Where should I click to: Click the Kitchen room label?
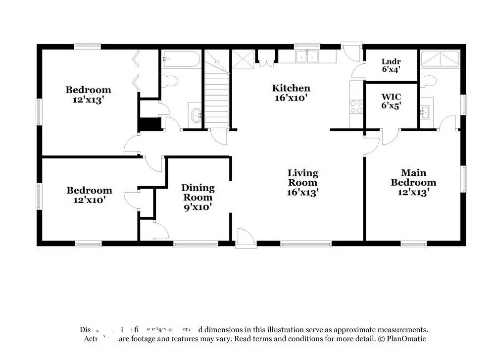(291, 89)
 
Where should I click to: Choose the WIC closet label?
(391, 96)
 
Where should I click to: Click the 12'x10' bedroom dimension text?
(89, 201)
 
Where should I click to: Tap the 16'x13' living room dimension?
(302, 192)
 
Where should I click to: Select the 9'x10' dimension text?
(198, 207)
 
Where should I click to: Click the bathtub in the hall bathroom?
(180, 61)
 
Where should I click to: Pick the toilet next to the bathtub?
(170, 80)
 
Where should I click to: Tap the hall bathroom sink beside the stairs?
(196, 116)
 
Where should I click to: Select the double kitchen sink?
(307, 56)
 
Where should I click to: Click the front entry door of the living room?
(246, 239)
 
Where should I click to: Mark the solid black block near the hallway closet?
(150, 124)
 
